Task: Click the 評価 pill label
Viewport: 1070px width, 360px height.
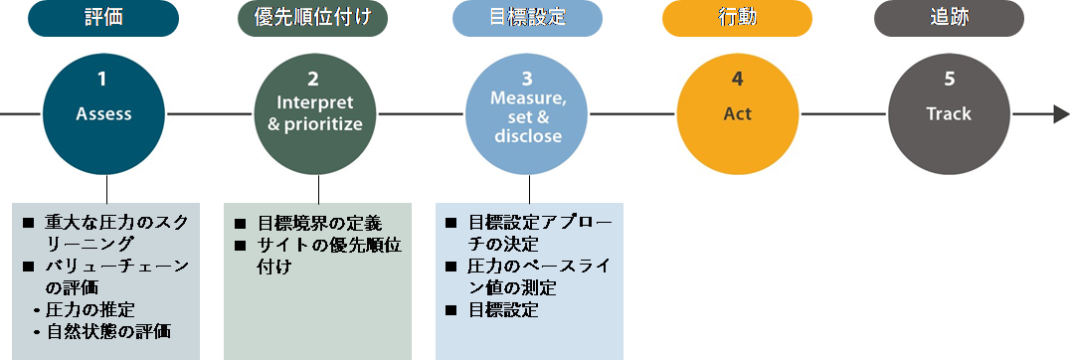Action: pos(103,18)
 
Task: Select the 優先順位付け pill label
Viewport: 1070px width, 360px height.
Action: pos(313,18)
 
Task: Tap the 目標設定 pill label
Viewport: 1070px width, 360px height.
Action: pos(527,18)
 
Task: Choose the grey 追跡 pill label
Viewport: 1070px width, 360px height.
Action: pos(949,18)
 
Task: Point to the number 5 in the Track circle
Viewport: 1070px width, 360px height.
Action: pos(949,79)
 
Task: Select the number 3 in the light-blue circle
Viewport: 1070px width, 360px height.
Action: pos(527,78)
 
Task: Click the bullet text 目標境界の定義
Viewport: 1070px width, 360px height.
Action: pos(318,223)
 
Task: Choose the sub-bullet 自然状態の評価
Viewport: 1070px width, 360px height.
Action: pos(108,331)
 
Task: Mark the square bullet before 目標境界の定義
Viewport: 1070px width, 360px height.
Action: pos(241,224)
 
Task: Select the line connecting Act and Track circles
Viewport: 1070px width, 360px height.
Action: pos(842,114)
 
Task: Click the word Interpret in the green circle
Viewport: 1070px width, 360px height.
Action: pos(313,103)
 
